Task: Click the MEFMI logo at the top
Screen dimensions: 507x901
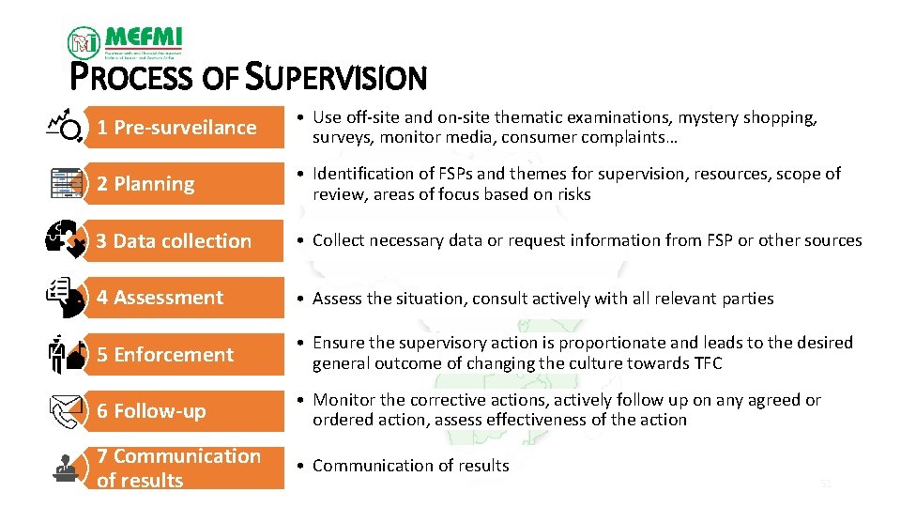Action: pos(125,42)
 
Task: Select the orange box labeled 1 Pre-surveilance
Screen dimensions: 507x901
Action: pos(184,128)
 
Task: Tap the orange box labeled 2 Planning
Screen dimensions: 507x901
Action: pos(184,184)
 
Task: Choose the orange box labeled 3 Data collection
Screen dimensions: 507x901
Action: pos(184,241)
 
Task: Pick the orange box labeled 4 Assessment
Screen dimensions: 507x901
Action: pos(184,298)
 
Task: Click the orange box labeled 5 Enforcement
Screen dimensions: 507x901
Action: pos(184,355)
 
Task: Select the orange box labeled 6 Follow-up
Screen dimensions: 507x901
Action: pos(184,411)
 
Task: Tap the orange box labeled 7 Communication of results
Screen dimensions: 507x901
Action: pos(184,468)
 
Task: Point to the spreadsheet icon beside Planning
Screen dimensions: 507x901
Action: pos(66,183)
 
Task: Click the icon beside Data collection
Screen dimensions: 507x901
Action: pos(66,240)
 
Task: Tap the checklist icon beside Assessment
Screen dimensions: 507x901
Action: pos(66,297)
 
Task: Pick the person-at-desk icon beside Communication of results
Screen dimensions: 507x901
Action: pos(66,468)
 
